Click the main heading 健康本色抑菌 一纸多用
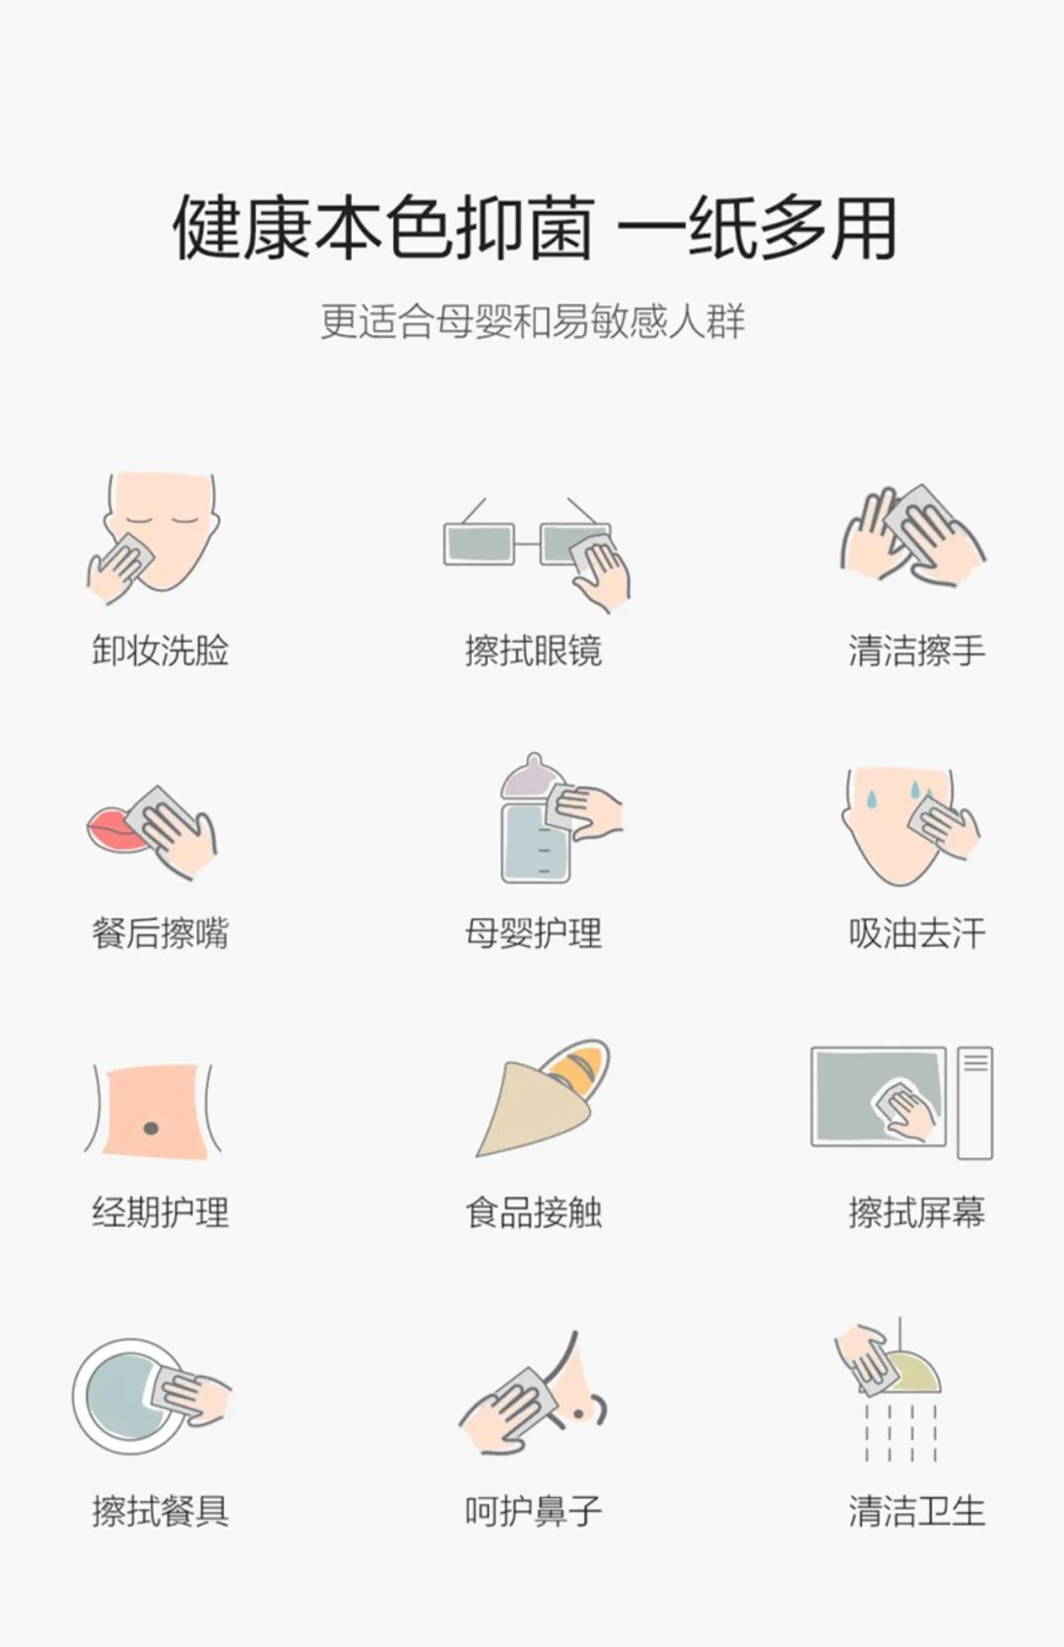(533, 229)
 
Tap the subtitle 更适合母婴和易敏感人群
(533, 321)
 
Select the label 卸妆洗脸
(160, 651)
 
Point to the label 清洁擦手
(916, 651)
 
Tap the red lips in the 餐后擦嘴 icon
(113, 830)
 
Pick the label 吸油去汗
(916, 932)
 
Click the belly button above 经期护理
(151, 1127)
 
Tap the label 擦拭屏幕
(916, 1212)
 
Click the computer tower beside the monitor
(975, 1102)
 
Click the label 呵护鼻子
(533, 1511)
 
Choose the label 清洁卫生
(916, 1511)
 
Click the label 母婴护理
(533, 932)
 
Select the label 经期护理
(160, 1212)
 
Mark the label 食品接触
(533, 1212)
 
